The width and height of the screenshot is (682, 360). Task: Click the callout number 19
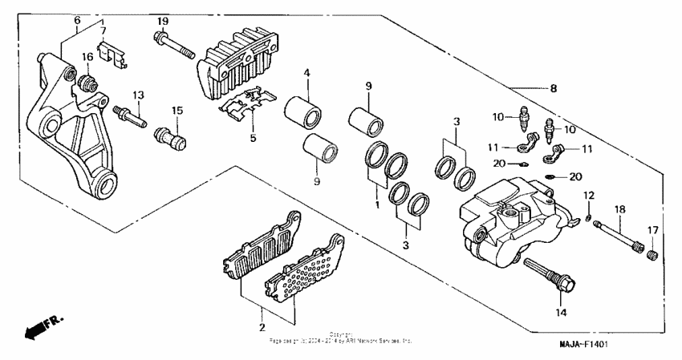click(162, 20)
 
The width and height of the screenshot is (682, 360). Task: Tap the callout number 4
click(306, 75)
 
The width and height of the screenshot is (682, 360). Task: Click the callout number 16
click(87, 55)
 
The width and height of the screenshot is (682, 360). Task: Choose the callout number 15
click(178, 110)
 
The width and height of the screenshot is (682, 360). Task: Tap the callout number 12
click(588, 196)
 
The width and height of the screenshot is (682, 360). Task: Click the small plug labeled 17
click(652, 253)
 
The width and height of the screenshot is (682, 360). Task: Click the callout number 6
click(77, 20)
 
